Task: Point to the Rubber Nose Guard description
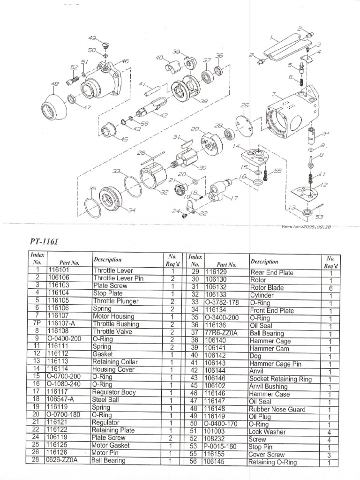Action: click(277, 409)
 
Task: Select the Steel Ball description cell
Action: click(107, 399)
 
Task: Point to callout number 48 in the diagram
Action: click(54, 84)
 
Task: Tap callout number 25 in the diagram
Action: click(245, 105)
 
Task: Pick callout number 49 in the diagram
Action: click(92, 37)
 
